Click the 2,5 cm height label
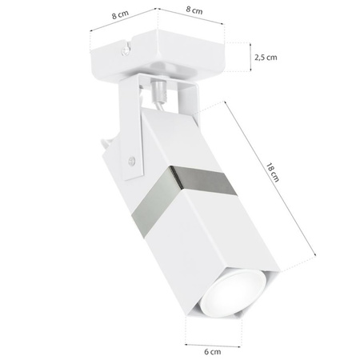coord(265,58)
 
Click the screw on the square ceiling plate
coord(125,52)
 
